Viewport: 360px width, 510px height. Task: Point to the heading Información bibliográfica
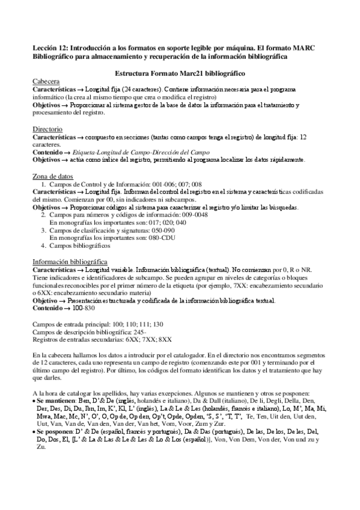point(69,262)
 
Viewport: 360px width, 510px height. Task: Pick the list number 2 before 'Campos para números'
point(43,215)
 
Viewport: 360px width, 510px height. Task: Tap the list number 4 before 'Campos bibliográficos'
point(43,245)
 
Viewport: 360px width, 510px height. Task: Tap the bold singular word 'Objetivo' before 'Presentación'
point(49,300)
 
